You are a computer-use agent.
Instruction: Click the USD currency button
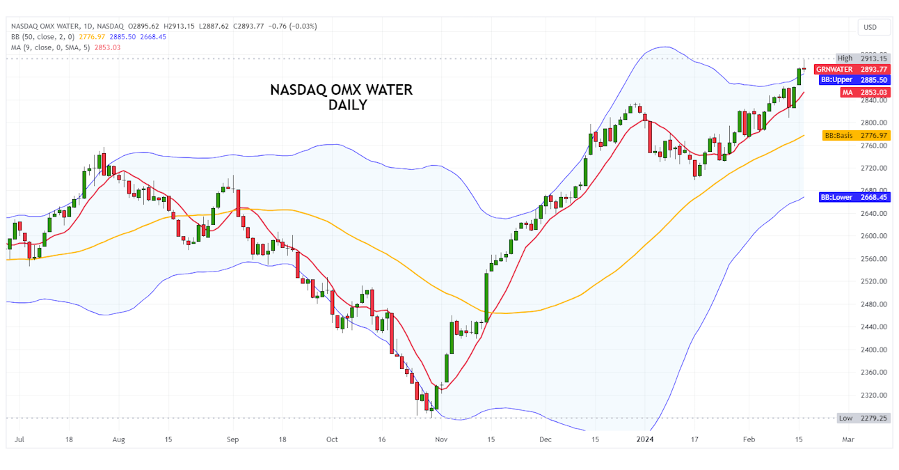coord(870,27)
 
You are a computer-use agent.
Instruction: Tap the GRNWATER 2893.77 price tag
coord(852,69)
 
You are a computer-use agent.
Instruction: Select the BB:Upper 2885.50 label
coord(854,80)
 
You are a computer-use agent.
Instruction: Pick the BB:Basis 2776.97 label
coord(856,135)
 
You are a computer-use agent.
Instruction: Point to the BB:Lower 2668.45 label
coord(854,197)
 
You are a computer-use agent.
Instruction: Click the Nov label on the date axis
coord(440,440)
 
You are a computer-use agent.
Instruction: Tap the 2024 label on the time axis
coord(646,440)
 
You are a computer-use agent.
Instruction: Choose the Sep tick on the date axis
coord(232,440)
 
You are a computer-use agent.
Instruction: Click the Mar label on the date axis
coord(848,440)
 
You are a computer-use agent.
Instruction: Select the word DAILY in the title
coord(348,105)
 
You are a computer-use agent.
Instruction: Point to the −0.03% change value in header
coord(303,26)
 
